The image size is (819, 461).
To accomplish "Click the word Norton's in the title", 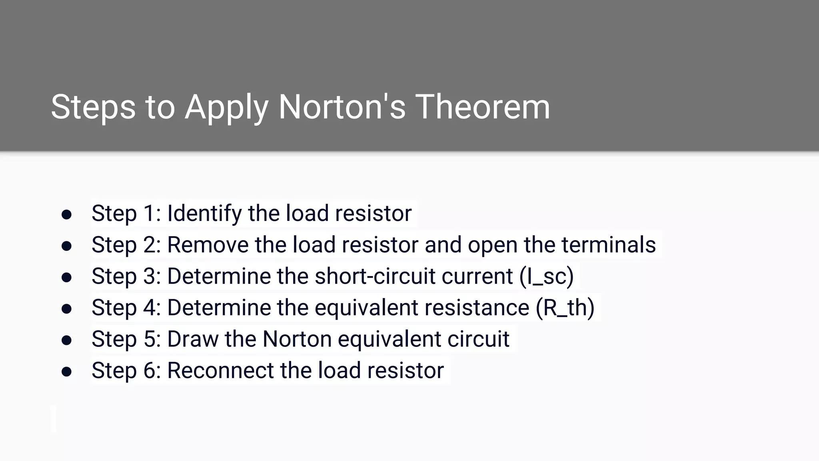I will pos(342,107).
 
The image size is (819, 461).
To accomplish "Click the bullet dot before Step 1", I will pos(66,214).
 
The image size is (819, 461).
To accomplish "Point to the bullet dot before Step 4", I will pos(66,309).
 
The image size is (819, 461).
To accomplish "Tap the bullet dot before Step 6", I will pos(66,371).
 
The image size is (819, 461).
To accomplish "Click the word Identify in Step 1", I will pos(204,213).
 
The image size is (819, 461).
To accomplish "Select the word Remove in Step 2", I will pos(208,245).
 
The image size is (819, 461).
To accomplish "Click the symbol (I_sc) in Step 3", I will pos(547,276).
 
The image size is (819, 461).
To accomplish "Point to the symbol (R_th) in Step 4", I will pos(565,308).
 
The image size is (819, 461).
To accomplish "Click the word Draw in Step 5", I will pos(193,339).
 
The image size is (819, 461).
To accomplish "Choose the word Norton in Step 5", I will pos(297,339).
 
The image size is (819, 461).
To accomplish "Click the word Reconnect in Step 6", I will pos(220,371).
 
